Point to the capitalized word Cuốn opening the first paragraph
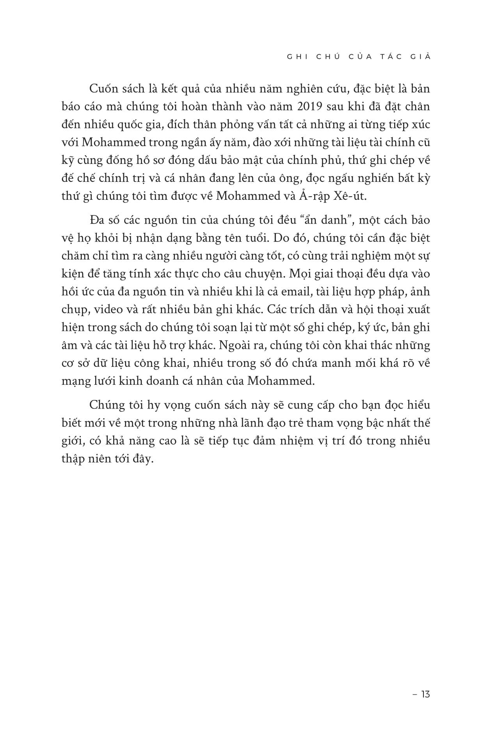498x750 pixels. (x=103, y=89)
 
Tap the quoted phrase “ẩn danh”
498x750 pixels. (x=326, y=220)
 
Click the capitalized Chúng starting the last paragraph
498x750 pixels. (x=105, y=405)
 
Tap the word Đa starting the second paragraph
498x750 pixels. (x=96, y=220)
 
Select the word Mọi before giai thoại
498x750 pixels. (x=298, y=274)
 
